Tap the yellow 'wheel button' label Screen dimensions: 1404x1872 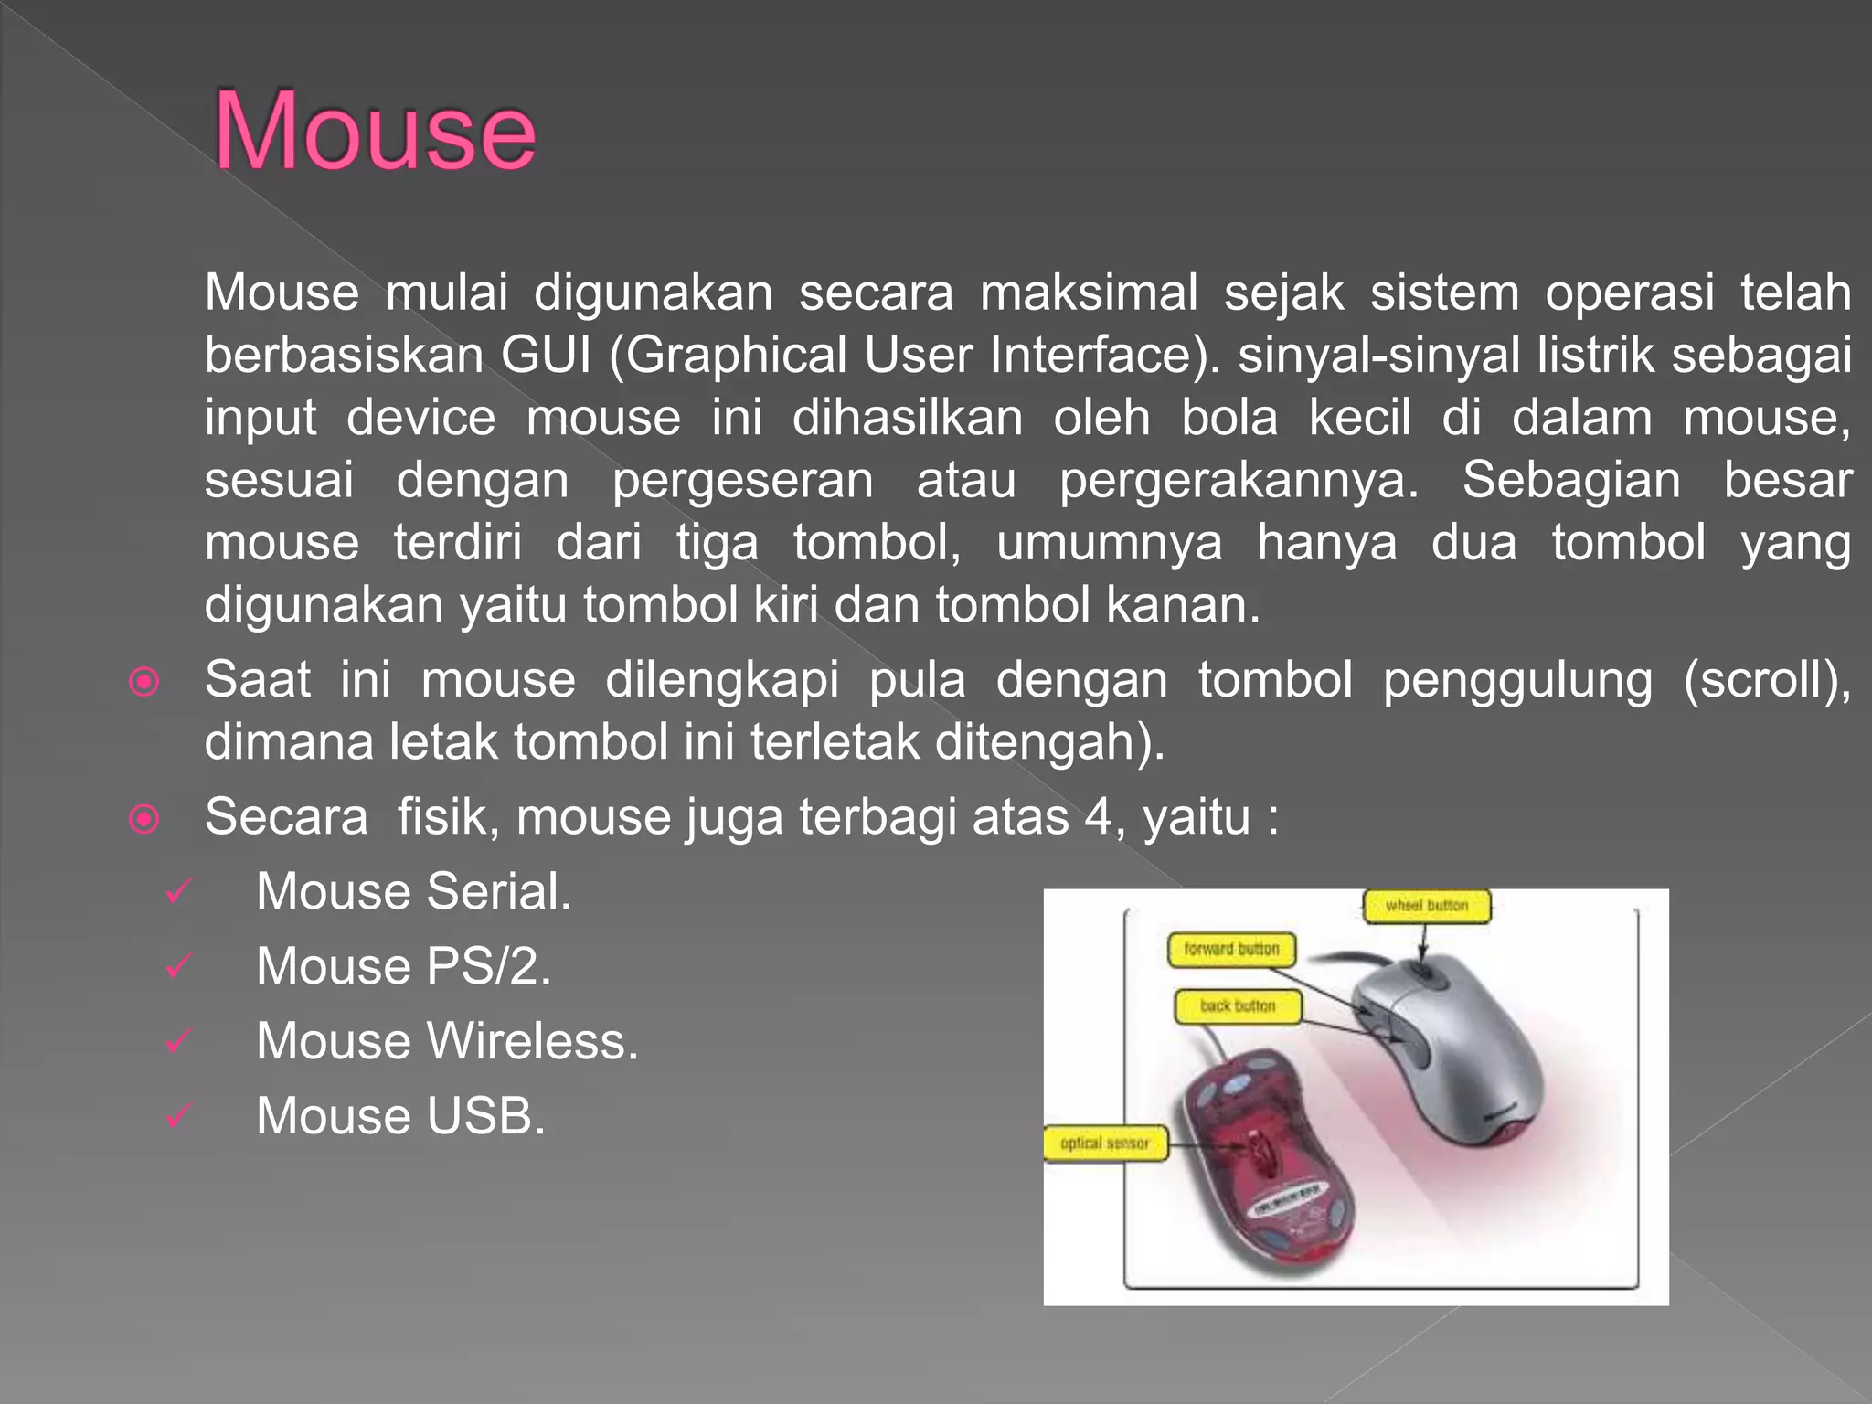pyautogui.click(x=1426, y=906)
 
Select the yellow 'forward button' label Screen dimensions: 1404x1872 pyautogui.click(x=1231, y=950)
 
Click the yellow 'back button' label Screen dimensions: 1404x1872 pyautogui.click(x=1238, y=1006)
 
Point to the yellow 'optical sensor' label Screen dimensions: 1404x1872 pyautogui.click(x=1105, y=1143)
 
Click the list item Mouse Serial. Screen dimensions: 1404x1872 pyautogui.click(x=413, y=891)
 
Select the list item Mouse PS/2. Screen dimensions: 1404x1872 pyautogui.click(x=403, y=966)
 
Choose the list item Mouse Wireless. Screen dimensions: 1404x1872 pyautogui.click(x=447, y=1041)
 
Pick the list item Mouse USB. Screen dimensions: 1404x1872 pyautogui.click(x=400, y=1116)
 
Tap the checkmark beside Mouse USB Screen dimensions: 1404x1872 pyautogui.click(x=178, y=1115)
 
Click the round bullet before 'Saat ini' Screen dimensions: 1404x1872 pyautogui.click(x=144, y=682)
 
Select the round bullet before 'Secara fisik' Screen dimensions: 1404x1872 pyautogui.click(x=144, y=818)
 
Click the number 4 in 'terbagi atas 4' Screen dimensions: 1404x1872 pyautogui.click(x=1098, y=816)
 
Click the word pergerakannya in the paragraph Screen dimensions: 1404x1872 pyautogui.click(x=1239, y=482)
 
